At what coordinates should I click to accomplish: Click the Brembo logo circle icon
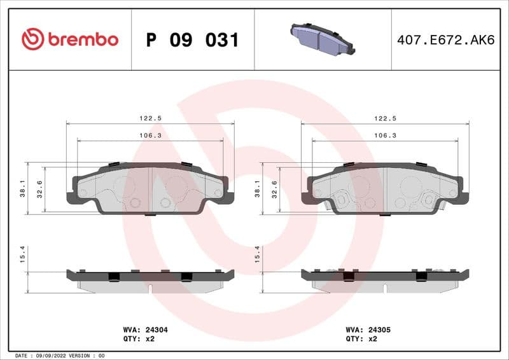pyautogui.click(x=32, y=39)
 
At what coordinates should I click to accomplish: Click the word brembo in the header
pyautogui.click(x=83, y=39)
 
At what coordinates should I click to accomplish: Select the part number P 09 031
pyautogui.click(x=192, y=40)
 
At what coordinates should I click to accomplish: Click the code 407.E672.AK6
pyautogui.click(x=445, y=40)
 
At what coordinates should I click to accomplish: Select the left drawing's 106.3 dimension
pyautogui.click(x=150, y=135)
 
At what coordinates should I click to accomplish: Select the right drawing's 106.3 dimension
pyautogui.click(x=385, y=135)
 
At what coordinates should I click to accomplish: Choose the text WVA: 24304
pyautogui.click(x=145, y=330)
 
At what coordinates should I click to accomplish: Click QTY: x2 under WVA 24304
pyautogui.click(x=139, y=339)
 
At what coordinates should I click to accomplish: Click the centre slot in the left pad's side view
pyautogui.click(x=150, y=288)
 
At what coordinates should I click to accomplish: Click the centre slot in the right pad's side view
pyautogui.click(x=385, y=288)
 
